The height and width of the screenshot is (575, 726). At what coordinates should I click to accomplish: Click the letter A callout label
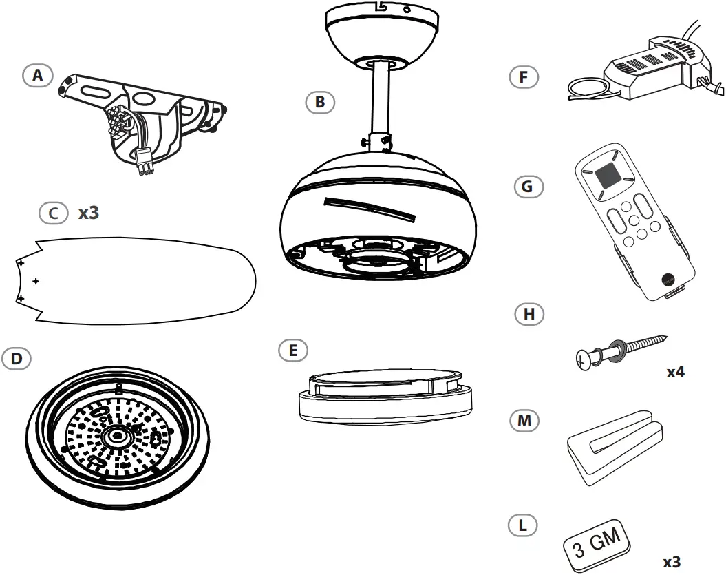tap(37, 75)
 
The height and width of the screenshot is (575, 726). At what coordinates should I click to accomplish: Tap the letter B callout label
tap(319, 102)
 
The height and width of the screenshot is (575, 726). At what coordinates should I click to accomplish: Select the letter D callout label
tap(17, 358)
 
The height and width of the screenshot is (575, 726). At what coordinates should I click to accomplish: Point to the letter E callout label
tap(293, 350)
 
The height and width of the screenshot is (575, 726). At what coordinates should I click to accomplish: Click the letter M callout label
tap(524, 420)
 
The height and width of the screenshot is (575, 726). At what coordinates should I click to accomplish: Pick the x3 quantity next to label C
tap(88, 213)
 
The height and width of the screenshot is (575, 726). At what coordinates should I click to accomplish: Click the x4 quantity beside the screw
tap(675, 373)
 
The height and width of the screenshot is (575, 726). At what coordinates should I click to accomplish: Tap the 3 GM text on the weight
tap(597, 542)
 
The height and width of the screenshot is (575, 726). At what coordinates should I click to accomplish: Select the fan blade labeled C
tap(138, 280)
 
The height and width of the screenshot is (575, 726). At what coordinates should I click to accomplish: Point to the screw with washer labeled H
tap(619, 349)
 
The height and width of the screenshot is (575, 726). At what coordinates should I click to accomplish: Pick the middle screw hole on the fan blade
tap(36, 281)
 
